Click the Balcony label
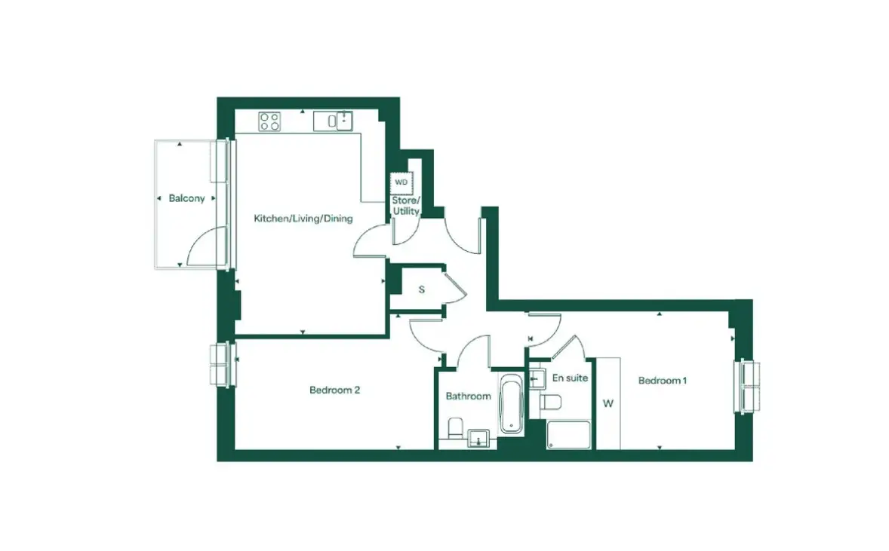tap(186, 198)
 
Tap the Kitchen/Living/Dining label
tap(303, 219)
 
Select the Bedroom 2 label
tap(334, 390)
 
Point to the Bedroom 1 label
tap(662, 381)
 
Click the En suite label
tap(570, 378)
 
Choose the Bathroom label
tap(469, 396)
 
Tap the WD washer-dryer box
tap(401, 182)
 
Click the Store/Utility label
tap(406, 206)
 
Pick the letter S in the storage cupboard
tap(422, 289)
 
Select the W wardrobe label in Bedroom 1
tap(608, 404)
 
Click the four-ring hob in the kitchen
tap(269, 121)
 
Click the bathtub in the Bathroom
tap(512, 403)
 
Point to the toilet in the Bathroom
tap(455, 429)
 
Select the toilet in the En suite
tap(550, 402)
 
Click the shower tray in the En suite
tap(569, 435)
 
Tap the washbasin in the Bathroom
tap(478, 439)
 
